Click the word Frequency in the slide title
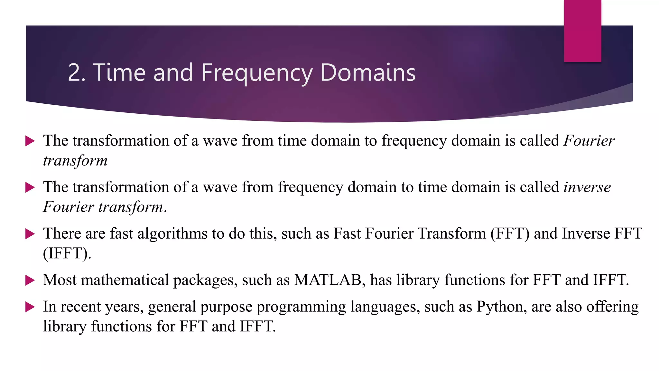[x=257, y=73]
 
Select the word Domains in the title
[x=368, y=73]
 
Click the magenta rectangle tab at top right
[x=582, y=31]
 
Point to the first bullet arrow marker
[x=30, y=141]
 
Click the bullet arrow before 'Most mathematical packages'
[x=30, y=280]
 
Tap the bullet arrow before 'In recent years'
[x=30, y=307]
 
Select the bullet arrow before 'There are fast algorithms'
[x=30, y=234]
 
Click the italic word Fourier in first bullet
[x=589, y=141]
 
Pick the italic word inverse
[x=587, y=187]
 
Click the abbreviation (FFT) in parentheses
[x=510, y=234]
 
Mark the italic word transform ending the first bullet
[x=75, y=161]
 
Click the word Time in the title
[x=119, y=73]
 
